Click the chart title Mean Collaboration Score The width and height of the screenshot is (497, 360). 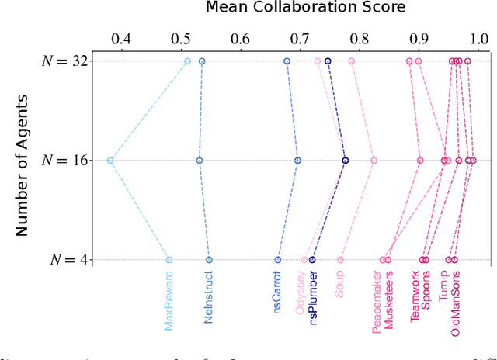tap(294, 9)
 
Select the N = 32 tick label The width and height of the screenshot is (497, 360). tap(63, 61)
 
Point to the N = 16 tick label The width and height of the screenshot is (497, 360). tap(63, 161)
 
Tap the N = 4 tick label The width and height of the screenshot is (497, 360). tap(67, 260)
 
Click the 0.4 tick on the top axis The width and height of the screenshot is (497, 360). tap(122, 38)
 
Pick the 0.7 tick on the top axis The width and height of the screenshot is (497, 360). tap(300, 38)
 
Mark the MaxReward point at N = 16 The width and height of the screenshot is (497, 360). tap(110, 161)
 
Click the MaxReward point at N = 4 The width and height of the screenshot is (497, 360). tap(169, 260)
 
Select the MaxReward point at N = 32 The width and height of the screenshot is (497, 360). tap(187, 61)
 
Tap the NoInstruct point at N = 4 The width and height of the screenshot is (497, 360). tap(209, 260)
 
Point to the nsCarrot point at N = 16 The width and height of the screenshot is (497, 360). tap(297, 161)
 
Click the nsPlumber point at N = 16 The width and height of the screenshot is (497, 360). tap(346, 161)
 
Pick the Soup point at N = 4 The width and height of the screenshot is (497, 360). tap(340, 260)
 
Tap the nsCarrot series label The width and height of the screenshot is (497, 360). tap(278, 293)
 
